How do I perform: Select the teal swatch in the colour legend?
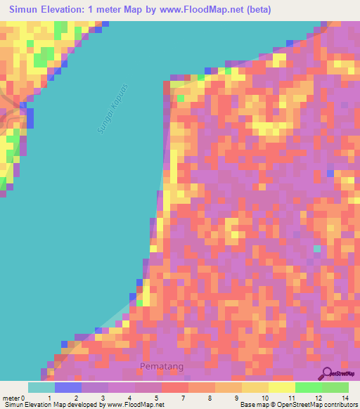pyautogui.click(x=41, y=387)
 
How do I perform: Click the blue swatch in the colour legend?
pyautogui.click(x=68, y=387)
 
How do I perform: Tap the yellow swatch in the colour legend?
pyautogui.click(x=282, y=387)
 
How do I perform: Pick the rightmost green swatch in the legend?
pyautogui.click(x=335, y=387)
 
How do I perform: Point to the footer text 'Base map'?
pyautogui.click(x=255, y=405)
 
